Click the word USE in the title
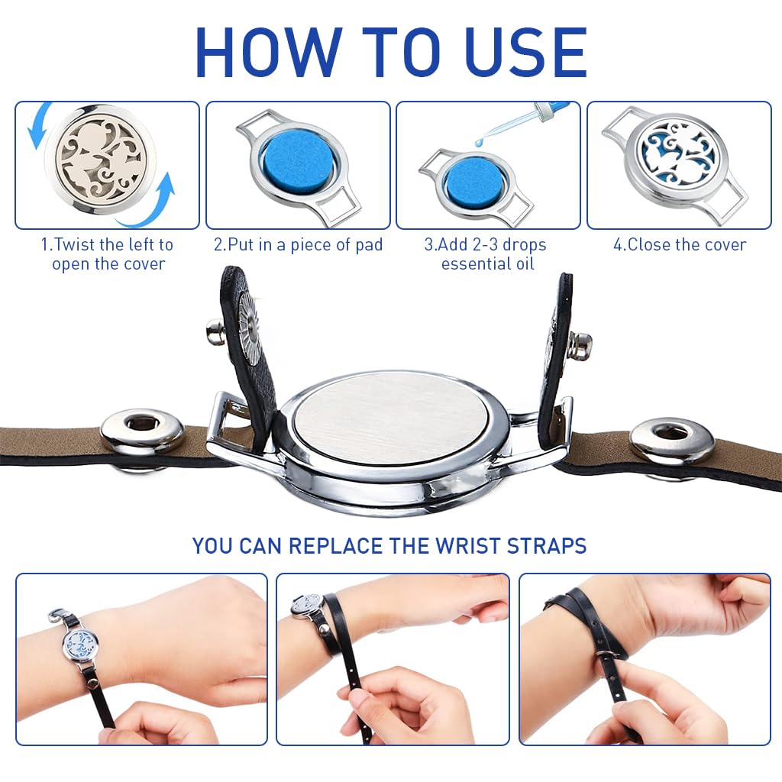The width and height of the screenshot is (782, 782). coord(525,53)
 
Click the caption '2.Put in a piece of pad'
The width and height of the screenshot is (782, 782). coord(299,245)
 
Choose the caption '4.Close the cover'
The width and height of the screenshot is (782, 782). coord(679,245)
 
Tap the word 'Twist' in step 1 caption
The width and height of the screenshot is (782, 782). coord(76,245)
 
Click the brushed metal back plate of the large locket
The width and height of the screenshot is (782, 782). coord(390,418)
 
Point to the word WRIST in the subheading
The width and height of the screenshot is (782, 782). coord(469,545)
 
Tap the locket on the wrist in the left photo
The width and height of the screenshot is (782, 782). coord(81,643)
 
